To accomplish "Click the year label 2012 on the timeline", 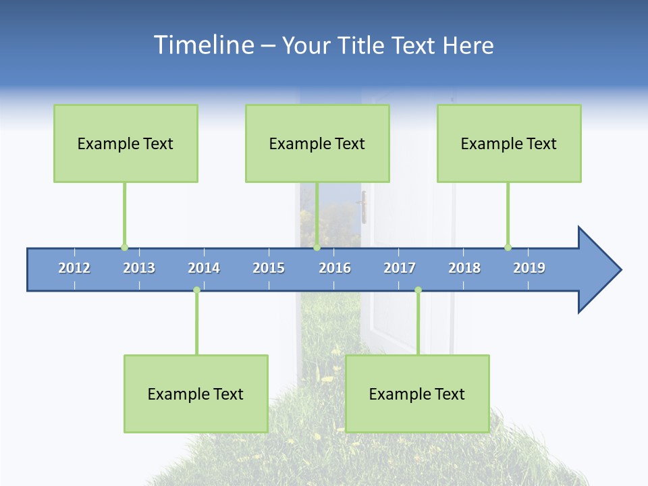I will [74, 268].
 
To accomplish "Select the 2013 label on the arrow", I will [139, 268].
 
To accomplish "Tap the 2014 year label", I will [204, 268].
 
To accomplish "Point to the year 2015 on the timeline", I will [269, 268].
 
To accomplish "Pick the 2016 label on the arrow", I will [335, 268].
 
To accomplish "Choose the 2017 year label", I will [400, 268].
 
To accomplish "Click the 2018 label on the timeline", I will [464, 268].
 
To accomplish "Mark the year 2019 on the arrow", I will [529, 268].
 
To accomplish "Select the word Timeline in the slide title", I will [202, 45].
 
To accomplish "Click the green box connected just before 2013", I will [126, 143].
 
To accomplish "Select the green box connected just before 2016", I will [317, 143].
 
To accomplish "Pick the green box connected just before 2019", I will [509, 143].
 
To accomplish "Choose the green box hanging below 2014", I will [196, 394].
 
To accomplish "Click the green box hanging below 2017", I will [417, 394].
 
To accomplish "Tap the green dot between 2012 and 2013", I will [124, 247].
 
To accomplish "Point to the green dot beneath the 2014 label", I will [196, 290].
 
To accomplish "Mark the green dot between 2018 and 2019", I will [508, 247].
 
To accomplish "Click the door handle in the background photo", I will [363, 207].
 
